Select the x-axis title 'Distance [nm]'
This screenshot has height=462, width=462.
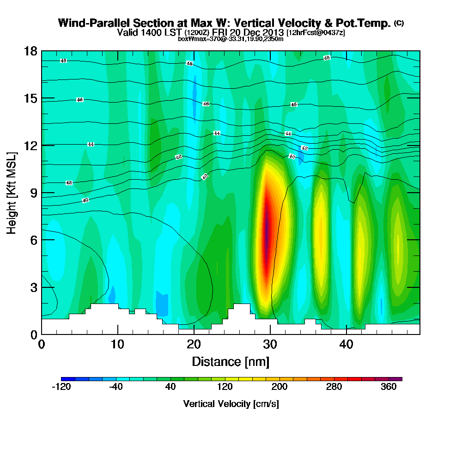[231, 361]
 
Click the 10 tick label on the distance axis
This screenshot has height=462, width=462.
[117, 345]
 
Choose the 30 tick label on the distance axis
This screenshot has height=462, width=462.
[270, 345]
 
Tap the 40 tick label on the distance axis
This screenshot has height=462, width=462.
[346, 345]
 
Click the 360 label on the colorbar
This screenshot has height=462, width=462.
[389, 387]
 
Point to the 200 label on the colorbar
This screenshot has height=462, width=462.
[279, 387]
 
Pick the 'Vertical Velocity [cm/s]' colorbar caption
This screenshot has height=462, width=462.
[231, 404]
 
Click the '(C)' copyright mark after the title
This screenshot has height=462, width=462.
[399, 23]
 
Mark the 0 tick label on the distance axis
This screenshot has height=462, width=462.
[42, 345]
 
